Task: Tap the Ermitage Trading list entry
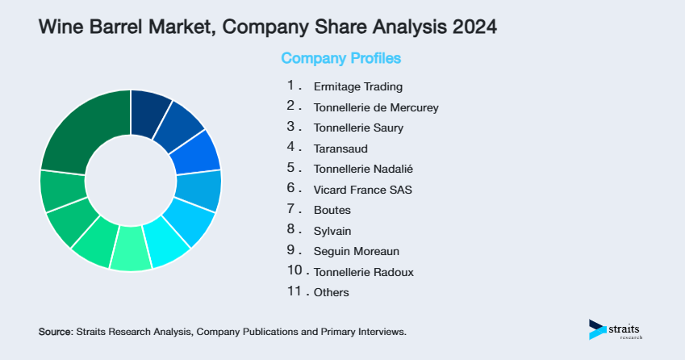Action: coord(357,86)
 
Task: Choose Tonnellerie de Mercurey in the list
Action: coord(376,107)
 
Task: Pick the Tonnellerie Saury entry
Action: coord(358,128)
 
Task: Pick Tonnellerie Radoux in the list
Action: coord(363,272)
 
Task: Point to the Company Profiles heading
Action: coord(340,58)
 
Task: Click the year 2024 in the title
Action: coord(473,27)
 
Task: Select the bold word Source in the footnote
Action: coord(54,332)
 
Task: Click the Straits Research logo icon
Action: coord(597,329)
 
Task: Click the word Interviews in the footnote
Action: coord(382,332)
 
